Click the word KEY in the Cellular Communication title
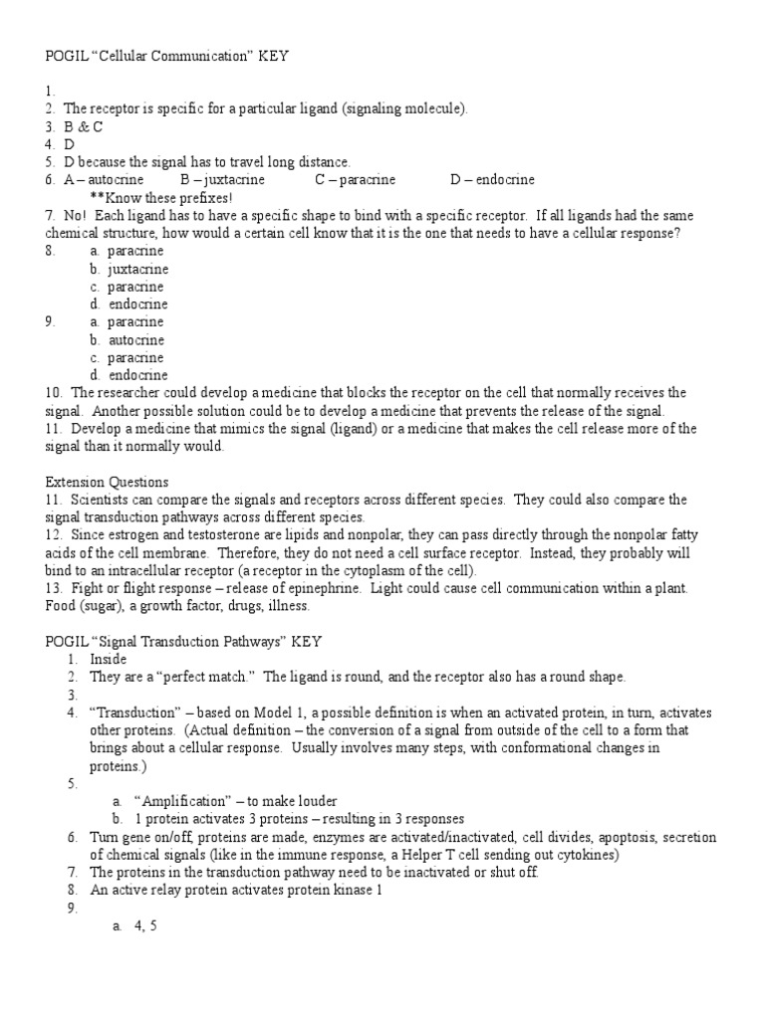274,57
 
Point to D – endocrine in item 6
492,180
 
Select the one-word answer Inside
109,660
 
